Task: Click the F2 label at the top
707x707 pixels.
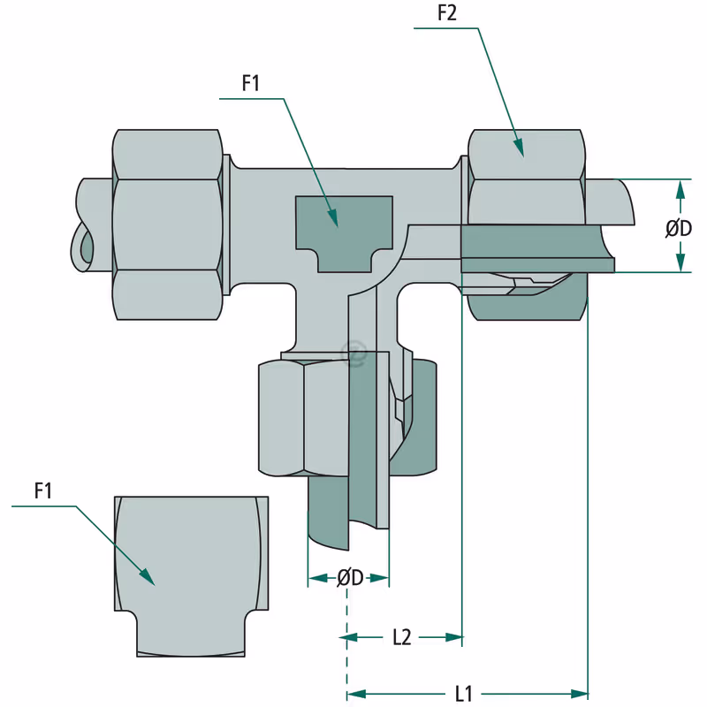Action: pyautogui.click(x=447, y=13)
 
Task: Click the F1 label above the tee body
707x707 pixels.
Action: pyautogui.click(x=251, y=83)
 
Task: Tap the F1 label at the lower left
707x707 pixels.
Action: pyautogui.click(x=43, y=490)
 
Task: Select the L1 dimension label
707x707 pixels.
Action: pyautogui.click(x=463, y=694)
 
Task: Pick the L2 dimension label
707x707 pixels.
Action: pyautogui.click(x=402, y=637)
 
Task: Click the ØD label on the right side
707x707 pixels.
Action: pyautogui.click(x=679, y=229)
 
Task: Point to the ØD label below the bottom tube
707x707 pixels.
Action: pyautogui.click(x=350, y=578)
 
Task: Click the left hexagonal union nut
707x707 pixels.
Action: pyautogui.click(x=168, y=224)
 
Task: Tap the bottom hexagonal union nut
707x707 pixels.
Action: pyautogui.click(x=303, y=417)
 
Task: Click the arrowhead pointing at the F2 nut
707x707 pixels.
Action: pyautogui.click(x=519, y=148)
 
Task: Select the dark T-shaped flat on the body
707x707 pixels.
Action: pyautogui.click(x=344, y=234)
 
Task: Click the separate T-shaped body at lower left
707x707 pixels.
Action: pyautogui.click(x=191, y=576)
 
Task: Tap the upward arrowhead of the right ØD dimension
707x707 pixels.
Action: pyautogui.click(x=680, y=189)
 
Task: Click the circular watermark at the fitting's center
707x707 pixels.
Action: pyautogui.click(x=354, y=353)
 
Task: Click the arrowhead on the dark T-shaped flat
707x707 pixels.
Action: pyautogui.click(x=333, y=217)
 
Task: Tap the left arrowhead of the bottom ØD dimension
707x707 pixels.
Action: pyautogui.click(x=317, y=578)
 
